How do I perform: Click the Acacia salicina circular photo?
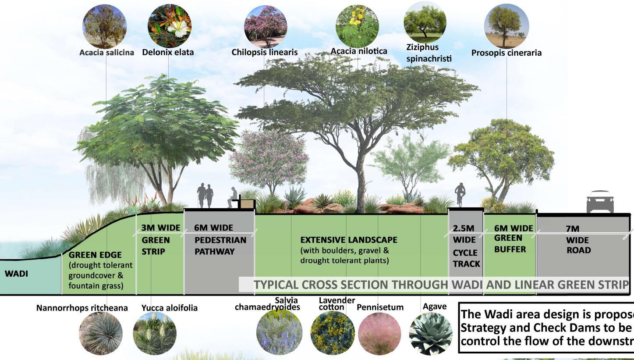pos(104,26)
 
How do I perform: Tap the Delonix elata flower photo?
pos(169,26)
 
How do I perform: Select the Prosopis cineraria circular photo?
pos(506,26)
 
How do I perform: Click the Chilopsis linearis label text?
pos(264,52)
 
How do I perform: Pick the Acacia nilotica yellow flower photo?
pos(357,26)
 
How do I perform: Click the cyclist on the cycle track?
pos(460,194)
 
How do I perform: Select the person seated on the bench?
pos(233,197)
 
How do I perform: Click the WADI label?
pos(16,274)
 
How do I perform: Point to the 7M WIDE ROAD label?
pos(578,239)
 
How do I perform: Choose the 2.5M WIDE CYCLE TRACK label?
pos(466,246)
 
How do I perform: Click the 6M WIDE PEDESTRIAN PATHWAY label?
pos(220,239)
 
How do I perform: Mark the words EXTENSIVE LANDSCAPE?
pos(348,240)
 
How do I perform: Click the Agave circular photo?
pos(431,334)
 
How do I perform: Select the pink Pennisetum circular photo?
pos(379,334)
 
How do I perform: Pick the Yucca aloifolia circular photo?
pos(154,334)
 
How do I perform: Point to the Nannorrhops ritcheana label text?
pos(82,308)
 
